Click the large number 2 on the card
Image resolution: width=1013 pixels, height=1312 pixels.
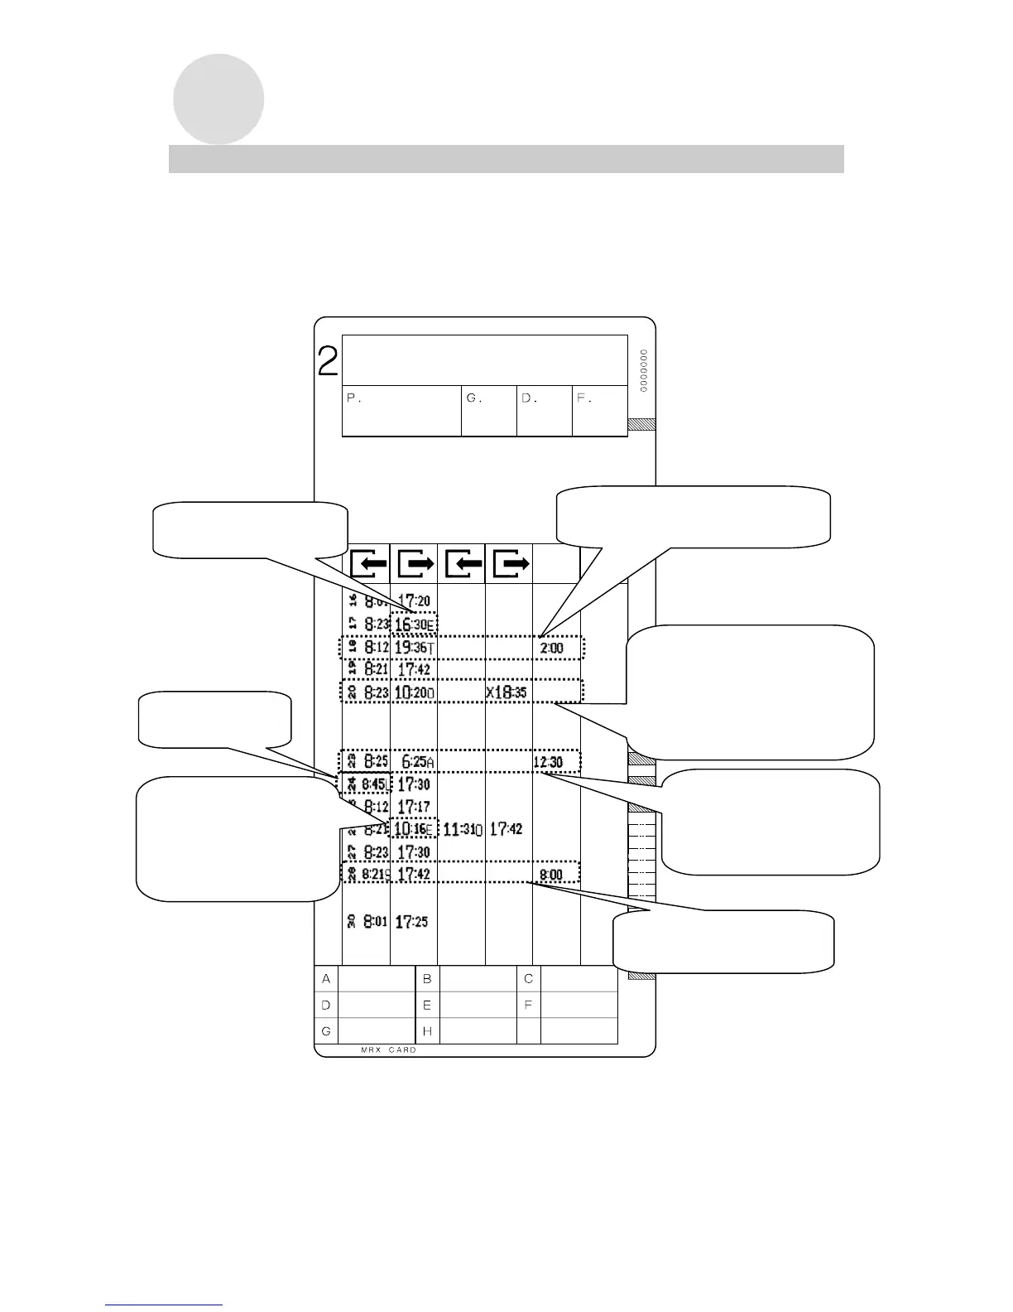click(328, 362)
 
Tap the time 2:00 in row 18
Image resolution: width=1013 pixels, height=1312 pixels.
click(551, 648)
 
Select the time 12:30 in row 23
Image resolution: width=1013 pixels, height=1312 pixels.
click(548, 761)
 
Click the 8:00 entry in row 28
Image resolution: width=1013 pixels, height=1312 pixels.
click(551, 874)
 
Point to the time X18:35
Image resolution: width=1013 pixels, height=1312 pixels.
click(506, 692)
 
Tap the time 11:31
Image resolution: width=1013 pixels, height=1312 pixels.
click(463, 828)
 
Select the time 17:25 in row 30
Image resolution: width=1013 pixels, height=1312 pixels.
click(411, 921)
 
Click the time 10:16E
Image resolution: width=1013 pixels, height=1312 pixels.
click(413, 828)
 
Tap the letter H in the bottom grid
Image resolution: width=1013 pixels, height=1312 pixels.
click(427, 1031)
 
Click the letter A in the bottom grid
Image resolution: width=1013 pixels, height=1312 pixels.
click(326, 979)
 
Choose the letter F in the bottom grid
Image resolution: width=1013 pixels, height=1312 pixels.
click(529, 1006)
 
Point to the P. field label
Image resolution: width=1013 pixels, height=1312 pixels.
click(354, 398)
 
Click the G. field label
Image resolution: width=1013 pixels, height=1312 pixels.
click(473, 398)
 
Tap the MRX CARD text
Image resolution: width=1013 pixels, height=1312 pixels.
click(388, 1050)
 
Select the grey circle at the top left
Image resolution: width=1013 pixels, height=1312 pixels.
click(218, 99)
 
